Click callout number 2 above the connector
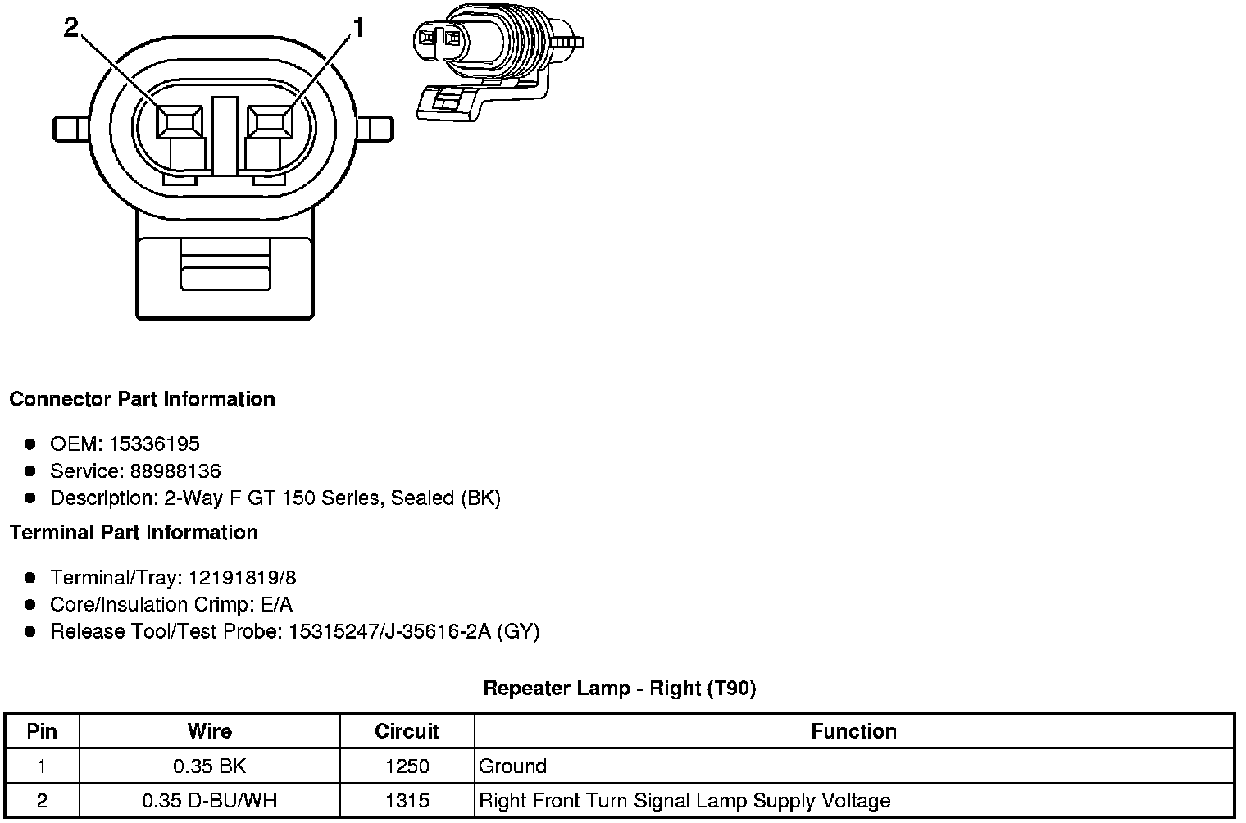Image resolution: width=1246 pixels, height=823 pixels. tap(71, 27)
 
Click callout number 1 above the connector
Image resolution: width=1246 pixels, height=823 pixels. tap(359, 27)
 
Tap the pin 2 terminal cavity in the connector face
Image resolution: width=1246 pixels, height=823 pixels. tap(179, 121)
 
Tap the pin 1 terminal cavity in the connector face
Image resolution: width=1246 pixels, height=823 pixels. tap(270, 121)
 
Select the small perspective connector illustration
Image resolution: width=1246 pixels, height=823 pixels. tap(498, 61)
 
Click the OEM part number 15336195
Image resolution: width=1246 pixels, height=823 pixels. tap(154, 443)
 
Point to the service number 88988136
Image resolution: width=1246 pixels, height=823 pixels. tap(175, 471)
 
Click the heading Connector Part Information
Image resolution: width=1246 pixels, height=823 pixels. tap(143, 398)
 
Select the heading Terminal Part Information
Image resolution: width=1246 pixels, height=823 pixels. tap(134, 532)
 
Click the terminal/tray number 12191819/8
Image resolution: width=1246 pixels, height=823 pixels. tap(243, 578)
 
